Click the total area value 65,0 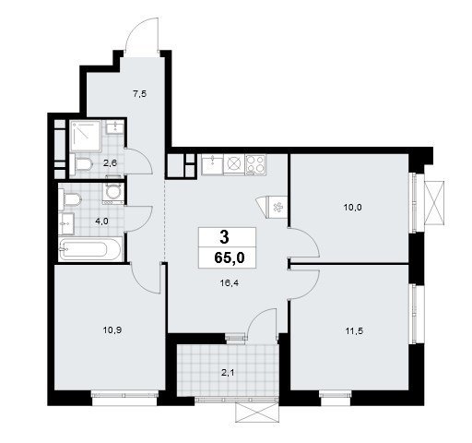pos(230,257)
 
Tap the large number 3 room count pos(225,237)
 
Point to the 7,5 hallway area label pos(140,94)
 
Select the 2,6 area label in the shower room pos(110,163)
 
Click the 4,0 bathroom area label pos(101,221)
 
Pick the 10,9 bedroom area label pos(112,330)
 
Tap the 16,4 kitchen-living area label pos(230,283)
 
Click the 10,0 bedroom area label pos(352,208)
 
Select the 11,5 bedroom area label pos(354,331)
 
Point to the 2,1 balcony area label pos(228,373)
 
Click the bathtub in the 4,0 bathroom pos(90,250)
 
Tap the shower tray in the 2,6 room pos(86,136)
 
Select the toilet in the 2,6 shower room pos(81,164)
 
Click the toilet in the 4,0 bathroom pos(70,199)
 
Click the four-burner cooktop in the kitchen pos(255,164)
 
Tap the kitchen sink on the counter pos(212,164)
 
